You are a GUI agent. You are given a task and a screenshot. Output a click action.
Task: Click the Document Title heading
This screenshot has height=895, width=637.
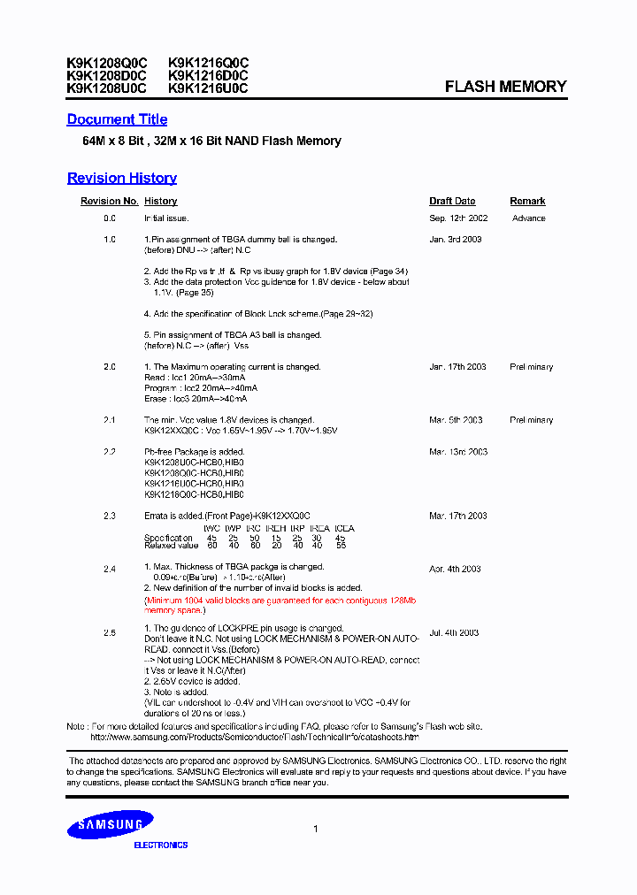coord(117,119)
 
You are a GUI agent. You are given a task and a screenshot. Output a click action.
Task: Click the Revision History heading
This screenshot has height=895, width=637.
coord(122,178)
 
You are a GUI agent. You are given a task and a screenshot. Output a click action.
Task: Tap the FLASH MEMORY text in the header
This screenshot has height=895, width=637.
coord(505,87)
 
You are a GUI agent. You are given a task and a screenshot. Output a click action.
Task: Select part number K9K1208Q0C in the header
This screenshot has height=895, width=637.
coord(107,63)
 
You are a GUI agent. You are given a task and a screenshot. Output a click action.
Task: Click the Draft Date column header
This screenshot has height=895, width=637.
coord(452,202)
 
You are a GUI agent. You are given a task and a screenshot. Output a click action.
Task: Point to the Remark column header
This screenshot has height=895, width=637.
coord(527,202)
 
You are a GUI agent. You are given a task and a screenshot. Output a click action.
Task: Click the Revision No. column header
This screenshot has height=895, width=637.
coord(110,202)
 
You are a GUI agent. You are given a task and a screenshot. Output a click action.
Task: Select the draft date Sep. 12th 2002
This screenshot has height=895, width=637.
coord(458,218)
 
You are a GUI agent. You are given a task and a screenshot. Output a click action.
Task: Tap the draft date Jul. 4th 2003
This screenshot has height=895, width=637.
coord(454,632)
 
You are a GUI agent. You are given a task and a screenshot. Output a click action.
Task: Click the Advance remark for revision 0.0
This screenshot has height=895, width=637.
coord(528,218)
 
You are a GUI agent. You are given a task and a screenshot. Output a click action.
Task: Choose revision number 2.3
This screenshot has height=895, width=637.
coord(110,516)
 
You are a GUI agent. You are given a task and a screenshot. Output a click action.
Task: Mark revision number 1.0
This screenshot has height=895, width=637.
coord(110,240)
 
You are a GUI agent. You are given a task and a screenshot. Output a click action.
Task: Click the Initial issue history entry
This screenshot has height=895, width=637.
coord(166,218)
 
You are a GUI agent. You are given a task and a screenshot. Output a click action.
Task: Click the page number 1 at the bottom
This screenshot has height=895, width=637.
coord(316,829)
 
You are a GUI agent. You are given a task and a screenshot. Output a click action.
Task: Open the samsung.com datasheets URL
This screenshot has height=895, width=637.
coord(255,737)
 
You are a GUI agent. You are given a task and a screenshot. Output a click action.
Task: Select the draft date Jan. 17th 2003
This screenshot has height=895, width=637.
coord(458,366)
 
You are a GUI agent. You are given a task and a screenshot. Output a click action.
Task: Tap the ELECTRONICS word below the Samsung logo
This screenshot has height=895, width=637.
coord(160,845)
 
